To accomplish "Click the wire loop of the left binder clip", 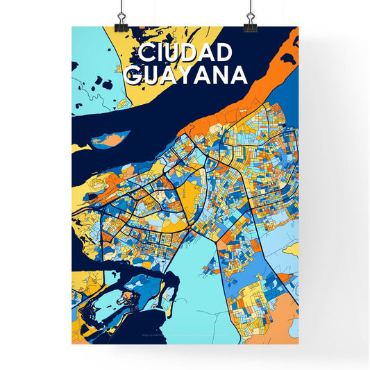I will (x=121, y=8).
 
